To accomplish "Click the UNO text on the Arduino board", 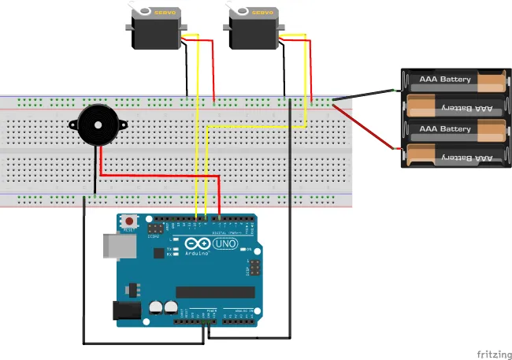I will point(226,245).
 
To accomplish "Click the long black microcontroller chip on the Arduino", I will point(215,292).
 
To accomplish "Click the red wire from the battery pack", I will point(367,129).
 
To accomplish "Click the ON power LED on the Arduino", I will point(250,251).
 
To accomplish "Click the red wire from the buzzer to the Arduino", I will point(158,175).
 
